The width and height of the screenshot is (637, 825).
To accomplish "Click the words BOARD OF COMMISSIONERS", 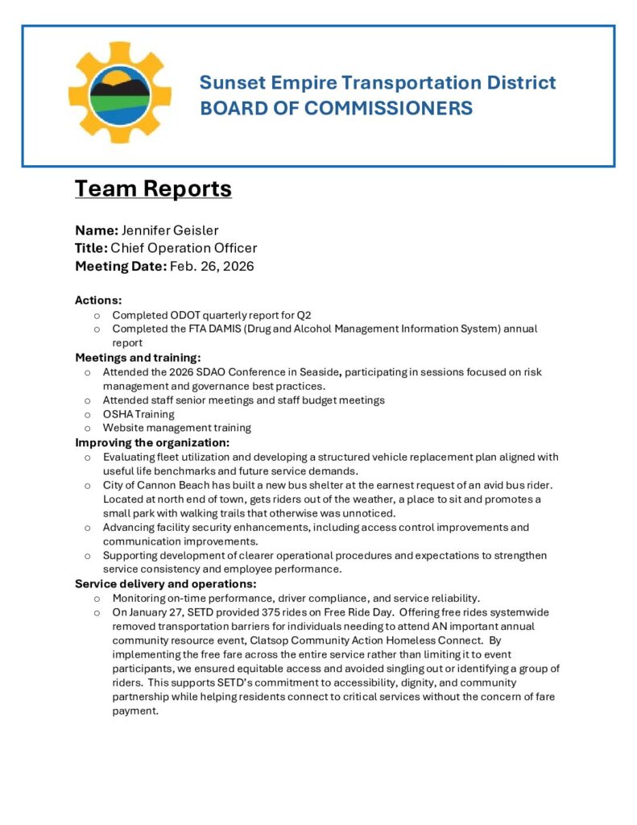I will point(336,108).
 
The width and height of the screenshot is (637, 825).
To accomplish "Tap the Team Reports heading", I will point(153,189).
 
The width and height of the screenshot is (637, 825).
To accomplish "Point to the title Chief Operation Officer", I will point(184,248).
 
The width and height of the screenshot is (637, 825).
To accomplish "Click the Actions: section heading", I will point(98,301).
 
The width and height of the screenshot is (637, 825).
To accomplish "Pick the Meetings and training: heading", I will point(138,357).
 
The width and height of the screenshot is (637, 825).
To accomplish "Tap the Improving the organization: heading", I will point(152,442).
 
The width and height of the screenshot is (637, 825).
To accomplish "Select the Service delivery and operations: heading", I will point(165,583).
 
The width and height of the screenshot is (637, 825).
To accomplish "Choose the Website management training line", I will point(176,428).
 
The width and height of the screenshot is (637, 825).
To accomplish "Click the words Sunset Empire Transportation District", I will point(377,82).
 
